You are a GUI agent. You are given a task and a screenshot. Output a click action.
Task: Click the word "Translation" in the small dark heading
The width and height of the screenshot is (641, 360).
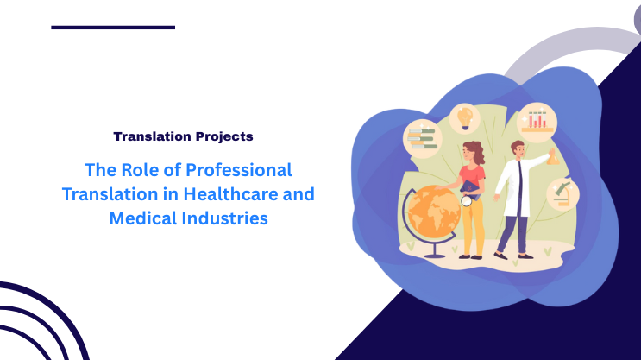pos(153,136)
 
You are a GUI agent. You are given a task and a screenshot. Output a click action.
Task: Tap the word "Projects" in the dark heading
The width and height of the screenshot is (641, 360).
pos(223,136)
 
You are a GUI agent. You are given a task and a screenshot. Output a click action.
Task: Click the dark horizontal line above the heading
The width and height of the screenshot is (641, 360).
pos(113,28)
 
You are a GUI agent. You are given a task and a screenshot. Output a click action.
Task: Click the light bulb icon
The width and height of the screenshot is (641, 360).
pos(466,116)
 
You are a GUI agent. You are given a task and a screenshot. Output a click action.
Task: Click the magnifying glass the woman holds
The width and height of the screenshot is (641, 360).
pos(468,200)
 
